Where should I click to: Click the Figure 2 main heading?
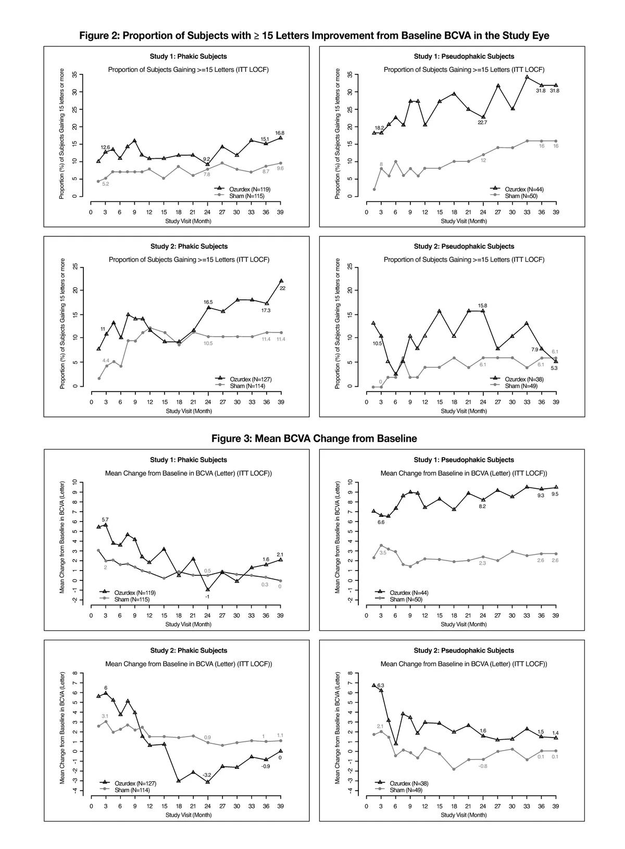[314, 35]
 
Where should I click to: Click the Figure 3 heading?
[314, 438]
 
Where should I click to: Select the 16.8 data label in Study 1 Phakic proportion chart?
[280, 133]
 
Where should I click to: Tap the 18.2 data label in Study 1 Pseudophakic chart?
[380, 128]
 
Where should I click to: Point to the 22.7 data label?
[482, 122]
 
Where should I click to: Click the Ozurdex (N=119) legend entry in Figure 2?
[249, 189]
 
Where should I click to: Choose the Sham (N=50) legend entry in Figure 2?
[521, 196]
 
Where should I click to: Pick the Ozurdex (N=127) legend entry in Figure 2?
[251, 379]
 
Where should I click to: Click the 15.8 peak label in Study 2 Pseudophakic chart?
[482, 306]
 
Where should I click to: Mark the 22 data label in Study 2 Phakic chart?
[282, 288]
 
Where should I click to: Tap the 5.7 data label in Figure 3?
[105, 519]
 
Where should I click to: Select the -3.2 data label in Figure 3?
[207, 775]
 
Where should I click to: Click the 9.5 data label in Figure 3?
[555, 495]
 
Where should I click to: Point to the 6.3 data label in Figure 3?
[381, 686]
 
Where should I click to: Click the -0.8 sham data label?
[482, 766]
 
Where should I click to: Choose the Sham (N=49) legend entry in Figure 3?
[406, 790]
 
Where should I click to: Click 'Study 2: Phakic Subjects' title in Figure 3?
[189, 650]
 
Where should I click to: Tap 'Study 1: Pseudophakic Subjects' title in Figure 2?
[464, 56]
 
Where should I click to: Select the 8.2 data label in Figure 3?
[482, 506]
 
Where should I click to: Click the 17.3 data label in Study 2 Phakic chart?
[266, 310]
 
